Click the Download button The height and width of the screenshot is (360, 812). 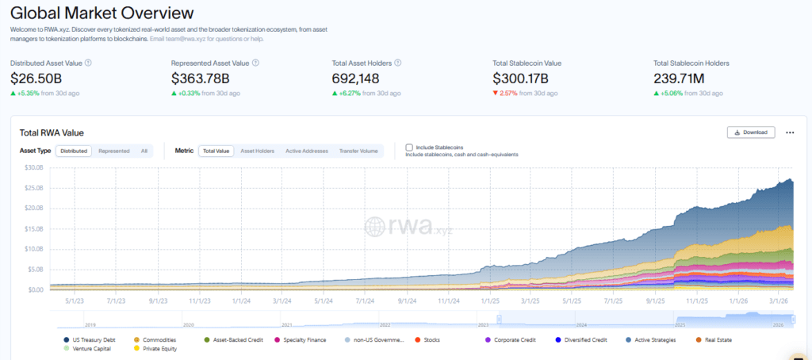(x=750, y=132)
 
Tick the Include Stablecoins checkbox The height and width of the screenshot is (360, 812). (x=409, y=147)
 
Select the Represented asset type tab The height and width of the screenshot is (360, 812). (x=114, y=151)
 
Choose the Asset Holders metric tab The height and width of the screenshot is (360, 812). (x=257, y=151)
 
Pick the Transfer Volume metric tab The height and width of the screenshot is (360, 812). (x=358, y=151)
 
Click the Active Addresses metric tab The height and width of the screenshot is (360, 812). (x=307, y=151)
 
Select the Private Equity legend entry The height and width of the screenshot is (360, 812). (x=156, y=348)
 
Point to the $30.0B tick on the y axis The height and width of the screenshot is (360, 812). (x=33, y=168)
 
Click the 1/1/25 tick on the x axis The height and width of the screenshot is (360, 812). (x=490, y=301)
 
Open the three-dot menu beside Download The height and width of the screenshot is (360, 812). (x=790, y=132)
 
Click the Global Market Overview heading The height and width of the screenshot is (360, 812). (x=102, y=13)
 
